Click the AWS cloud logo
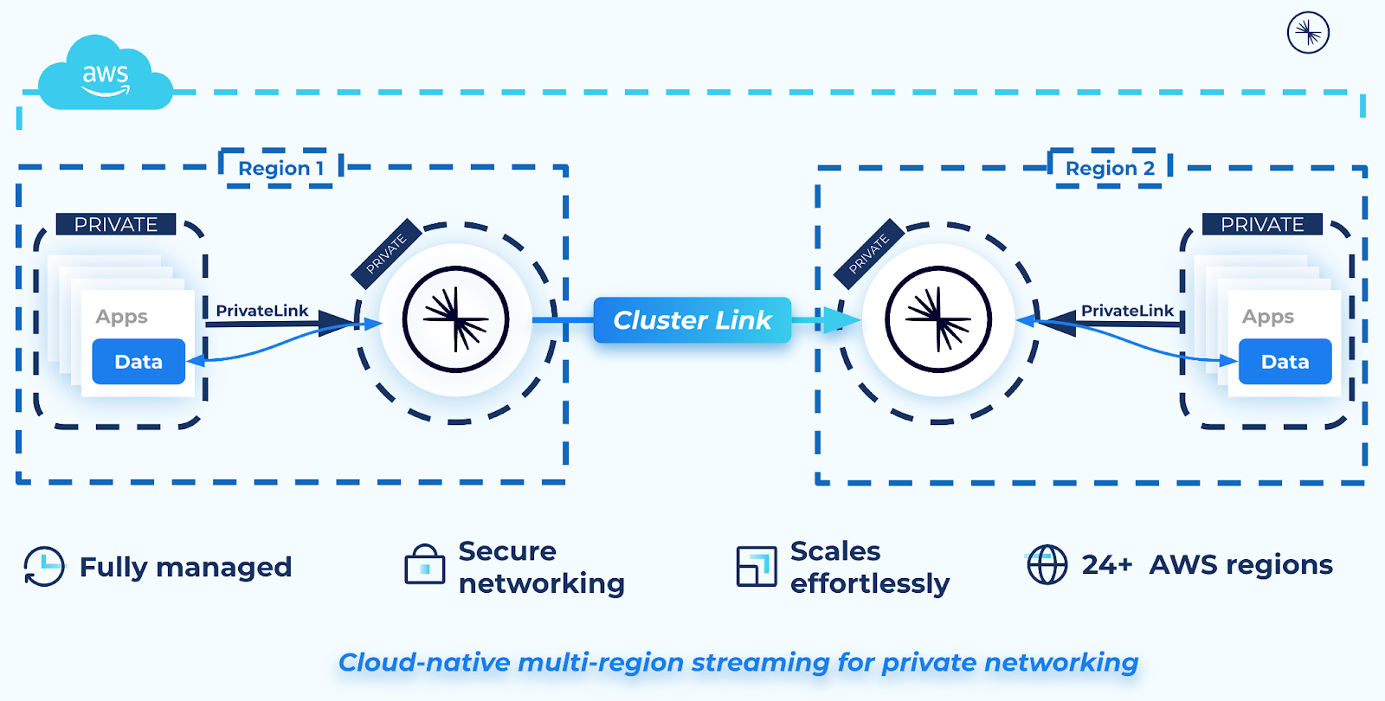(x=105, y=76)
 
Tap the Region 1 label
(x=280, y=168)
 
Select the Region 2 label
(x=1109, y=168)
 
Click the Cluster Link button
(x=692, y=320)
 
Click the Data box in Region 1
(x=138, y=362)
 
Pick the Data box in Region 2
(x=1285, y=362)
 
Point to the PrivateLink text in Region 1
(x=261, y=311)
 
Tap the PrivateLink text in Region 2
(x=1127, y=311)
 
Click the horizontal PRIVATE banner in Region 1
(x=116, y=224)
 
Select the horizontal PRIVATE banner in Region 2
(x=1262, y=224)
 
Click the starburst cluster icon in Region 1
(x=456, y=319)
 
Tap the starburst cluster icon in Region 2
(x=938, y=319)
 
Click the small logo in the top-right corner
(x=1308, y=33)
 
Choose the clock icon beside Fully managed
(x=43, y=567)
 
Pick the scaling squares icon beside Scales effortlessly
(x=756, y=567)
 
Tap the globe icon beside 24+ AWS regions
(x=1047, y=565)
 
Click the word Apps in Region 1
(x=121, y=317)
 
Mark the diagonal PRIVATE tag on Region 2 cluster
(x=869, y=254)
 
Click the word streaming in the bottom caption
(x=760, y=662)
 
